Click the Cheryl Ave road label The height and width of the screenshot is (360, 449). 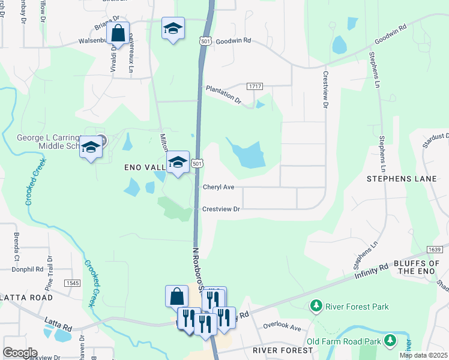(218, 187)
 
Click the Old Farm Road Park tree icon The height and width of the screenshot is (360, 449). (391, 341)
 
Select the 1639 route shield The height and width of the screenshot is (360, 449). (435, 249)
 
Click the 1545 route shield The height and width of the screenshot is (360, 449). (73, 283)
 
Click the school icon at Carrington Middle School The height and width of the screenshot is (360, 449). (91, 147)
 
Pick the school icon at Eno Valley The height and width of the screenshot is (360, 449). (178, 162)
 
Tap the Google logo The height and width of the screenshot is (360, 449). (19, 353)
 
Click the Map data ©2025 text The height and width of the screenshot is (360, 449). (423, 355)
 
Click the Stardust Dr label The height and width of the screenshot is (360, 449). (436, 137)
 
